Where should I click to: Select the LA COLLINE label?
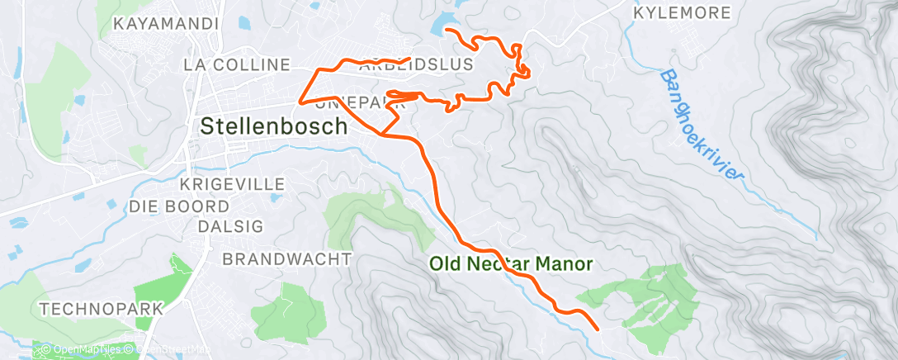(237, 64)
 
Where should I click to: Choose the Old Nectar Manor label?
(511, 264)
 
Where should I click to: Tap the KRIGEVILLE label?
(231, 183)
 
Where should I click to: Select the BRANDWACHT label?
(287, 259)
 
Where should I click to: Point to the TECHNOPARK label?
(102, 309)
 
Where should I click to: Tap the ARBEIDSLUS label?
(417, 64)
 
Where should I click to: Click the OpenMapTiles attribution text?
(83, 350)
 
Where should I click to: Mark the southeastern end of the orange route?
(597, 329)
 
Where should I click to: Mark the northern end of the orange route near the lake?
(446, 30)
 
